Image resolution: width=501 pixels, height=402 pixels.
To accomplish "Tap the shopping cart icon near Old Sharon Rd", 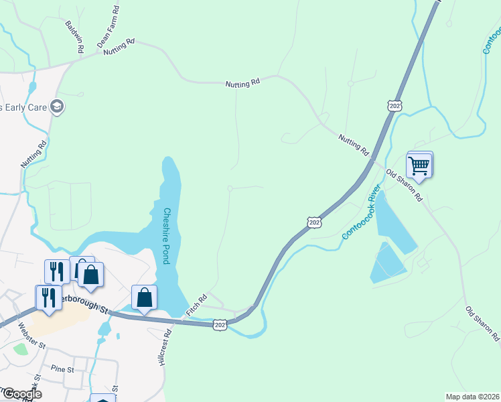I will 419,165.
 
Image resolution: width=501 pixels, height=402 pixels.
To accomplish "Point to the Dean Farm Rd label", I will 108,26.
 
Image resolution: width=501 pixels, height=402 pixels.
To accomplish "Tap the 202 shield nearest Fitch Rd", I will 220,324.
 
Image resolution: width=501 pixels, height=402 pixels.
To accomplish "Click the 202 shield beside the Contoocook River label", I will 314,222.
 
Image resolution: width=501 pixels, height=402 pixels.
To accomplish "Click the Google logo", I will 21,394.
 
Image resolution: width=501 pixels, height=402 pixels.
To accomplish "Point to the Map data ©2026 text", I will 472,397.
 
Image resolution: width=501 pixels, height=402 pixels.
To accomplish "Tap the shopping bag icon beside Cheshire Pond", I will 144,297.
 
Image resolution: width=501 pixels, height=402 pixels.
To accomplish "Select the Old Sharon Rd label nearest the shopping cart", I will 405,185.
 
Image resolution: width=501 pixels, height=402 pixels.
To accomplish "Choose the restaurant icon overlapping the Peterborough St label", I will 49,297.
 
